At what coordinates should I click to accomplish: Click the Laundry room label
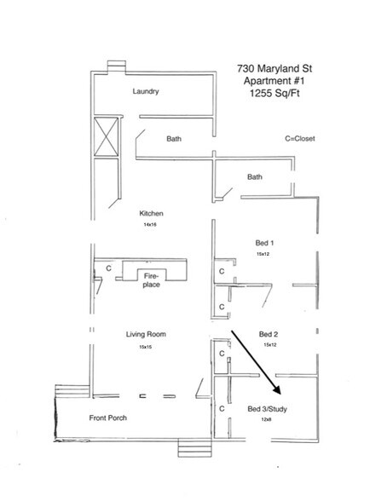[147, 91]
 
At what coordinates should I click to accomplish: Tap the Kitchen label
[152, 213]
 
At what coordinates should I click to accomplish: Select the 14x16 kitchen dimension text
[151, 225]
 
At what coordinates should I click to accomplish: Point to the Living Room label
[148, 335]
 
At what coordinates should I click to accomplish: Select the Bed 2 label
[269, 334]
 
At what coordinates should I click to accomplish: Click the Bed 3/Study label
[268, 409]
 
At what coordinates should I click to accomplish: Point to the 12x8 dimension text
[268, 420]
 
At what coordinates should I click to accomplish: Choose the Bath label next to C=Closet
[175, 138]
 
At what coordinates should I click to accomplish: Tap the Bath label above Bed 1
[254, 177]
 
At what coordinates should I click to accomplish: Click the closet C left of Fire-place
[108, 268]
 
